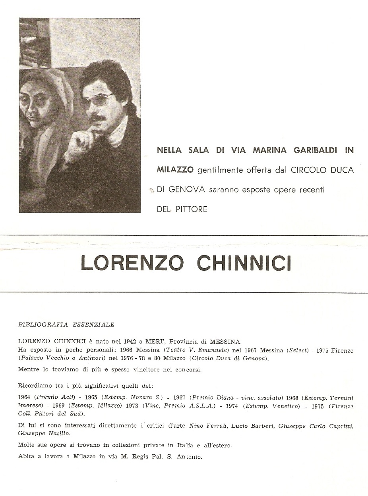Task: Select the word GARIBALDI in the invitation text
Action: pos(311,150)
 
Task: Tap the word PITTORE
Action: pos(190,210)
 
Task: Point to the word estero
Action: pos(220,446)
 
